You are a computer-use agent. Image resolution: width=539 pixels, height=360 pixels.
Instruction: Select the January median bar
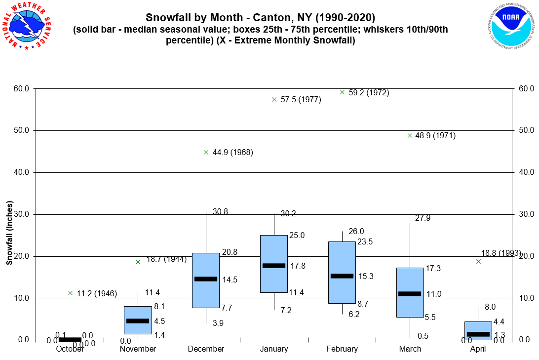click(274, 266)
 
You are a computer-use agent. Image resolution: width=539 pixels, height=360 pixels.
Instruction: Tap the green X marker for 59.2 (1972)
click(342, 92)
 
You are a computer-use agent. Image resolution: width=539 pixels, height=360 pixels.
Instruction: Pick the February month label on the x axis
click(342, 349)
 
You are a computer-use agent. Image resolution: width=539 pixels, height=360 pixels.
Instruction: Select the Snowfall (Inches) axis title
click(9, 233)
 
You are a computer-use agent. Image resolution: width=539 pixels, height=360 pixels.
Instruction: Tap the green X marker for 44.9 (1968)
click(206, 152)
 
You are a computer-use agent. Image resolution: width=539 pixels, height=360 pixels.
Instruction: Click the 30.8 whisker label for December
click(221, 211)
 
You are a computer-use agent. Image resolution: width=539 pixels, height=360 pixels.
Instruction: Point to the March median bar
click(410, 294)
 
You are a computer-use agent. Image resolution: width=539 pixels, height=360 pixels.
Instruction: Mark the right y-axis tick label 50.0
click(527, 130)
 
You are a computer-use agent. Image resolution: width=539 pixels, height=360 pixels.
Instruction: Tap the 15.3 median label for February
click(366, 277)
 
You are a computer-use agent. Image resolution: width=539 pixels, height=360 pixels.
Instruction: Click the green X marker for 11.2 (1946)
click(70, 293)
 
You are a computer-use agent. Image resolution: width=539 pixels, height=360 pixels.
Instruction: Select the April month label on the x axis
click(478, 349)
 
